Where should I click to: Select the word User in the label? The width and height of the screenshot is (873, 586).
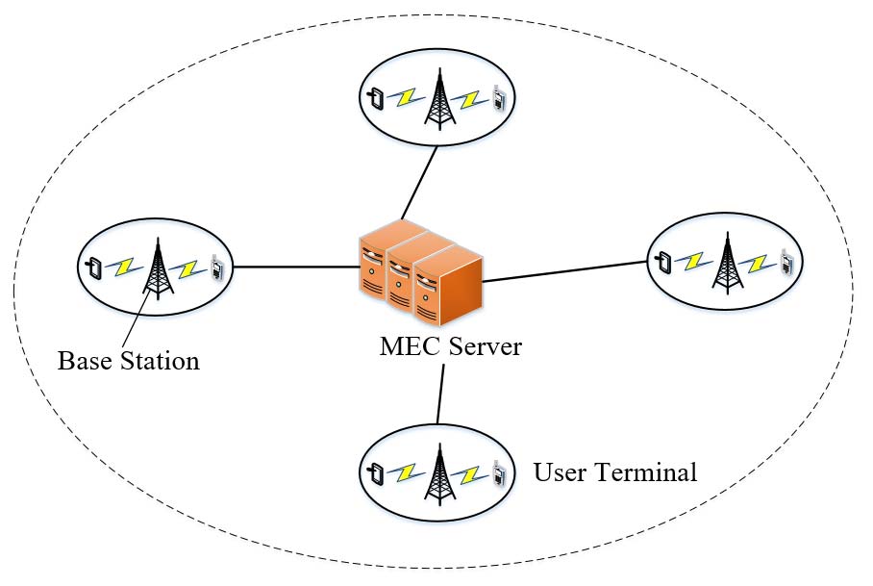[558, 473]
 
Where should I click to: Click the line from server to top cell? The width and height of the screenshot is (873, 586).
[419, 183]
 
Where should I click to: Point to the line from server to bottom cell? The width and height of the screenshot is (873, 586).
[441, 395]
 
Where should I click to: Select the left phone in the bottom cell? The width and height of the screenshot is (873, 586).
[378, 471]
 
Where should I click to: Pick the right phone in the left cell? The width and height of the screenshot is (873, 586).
[218, 268]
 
